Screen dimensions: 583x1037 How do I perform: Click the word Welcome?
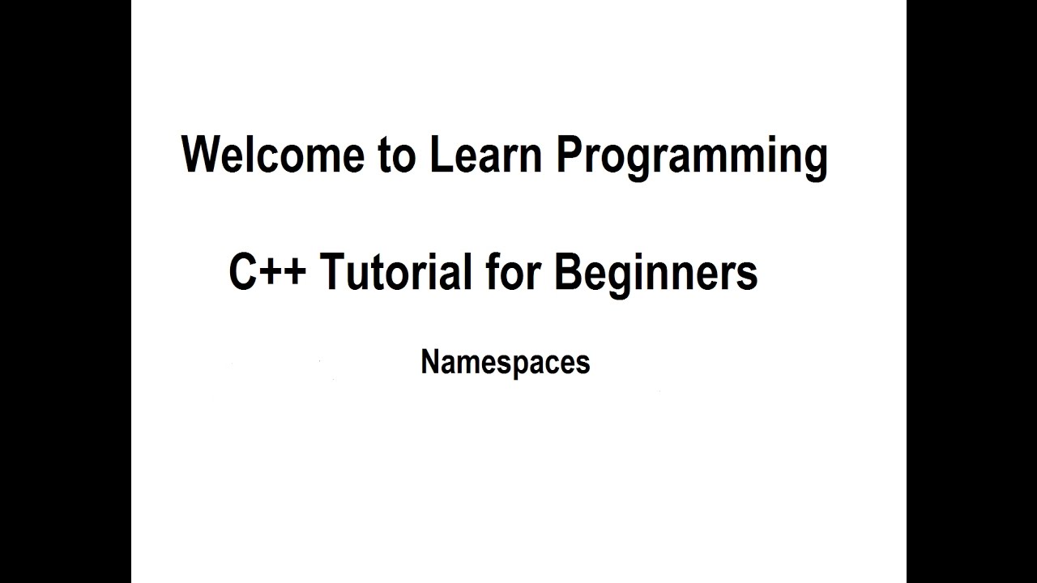(273, 155)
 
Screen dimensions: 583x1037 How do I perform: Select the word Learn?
(485, 155)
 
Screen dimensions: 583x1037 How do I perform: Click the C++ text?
(267, 272)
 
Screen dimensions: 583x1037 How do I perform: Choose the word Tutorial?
(395, 272)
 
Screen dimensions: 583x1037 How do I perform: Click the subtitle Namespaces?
(505, 362)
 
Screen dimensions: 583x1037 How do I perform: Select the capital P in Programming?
(569, 154)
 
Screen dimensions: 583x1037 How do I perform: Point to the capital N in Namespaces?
(429, 361)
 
